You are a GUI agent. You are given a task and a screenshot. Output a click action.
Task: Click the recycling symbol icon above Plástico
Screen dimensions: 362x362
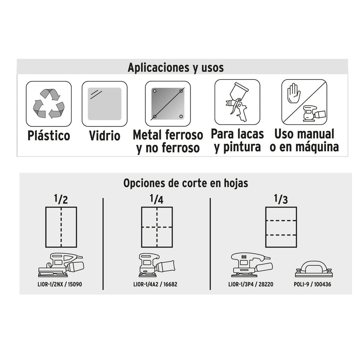click(x=49, y=104)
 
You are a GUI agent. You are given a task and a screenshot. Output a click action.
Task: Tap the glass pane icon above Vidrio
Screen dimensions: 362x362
click(x=105, y=104)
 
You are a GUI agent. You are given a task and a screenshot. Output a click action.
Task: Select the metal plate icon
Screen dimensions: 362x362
click(x=168, y=104)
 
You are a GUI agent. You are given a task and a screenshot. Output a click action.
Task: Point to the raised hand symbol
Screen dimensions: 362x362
click(x=293, y=93)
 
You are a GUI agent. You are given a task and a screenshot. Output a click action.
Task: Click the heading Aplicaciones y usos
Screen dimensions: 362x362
click(x=176, y=68)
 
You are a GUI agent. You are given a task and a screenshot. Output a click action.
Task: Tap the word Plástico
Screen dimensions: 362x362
click(x=49, y=135)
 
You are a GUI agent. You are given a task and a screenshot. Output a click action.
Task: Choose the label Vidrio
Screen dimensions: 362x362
click(x=105, y=135)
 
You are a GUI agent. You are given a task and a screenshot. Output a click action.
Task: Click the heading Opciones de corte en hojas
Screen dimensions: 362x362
click(x=186, y=183)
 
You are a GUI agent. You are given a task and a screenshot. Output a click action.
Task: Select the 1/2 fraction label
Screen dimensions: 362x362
click(x=61, y=199)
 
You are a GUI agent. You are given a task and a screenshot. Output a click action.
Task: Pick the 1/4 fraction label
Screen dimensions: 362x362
click(x=157, y=199)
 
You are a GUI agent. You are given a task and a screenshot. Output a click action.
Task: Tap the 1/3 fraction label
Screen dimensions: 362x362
click(x=281, y=199)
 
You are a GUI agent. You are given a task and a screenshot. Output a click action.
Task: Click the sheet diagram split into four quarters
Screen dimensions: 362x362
click(x=157, y=227)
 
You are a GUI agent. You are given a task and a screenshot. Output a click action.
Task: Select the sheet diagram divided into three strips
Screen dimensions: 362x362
click(x=281, y=227)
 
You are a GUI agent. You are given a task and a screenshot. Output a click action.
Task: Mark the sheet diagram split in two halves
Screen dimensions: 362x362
click(x=61, y=227)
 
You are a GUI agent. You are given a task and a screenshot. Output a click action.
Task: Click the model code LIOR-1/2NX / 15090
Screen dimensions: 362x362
click(x=60, y=284)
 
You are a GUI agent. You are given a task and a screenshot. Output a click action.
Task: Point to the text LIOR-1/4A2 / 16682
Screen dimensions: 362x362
click(x=156, y=284)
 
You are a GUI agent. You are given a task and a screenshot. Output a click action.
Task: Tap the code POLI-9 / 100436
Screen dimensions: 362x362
click(x=313, y=284)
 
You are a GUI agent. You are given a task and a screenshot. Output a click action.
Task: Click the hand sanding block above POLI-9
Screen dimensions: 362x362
click(x=314, y=269)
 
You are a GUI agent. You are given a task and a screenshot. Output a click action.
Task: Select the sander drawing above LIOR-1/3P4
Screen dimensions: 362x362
click(x=252, y=265)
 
